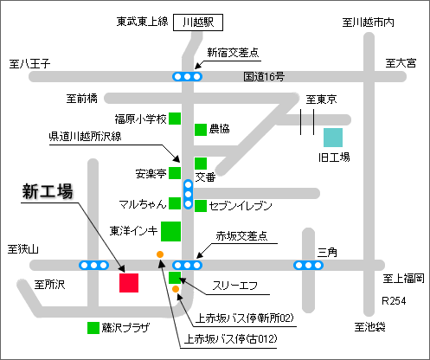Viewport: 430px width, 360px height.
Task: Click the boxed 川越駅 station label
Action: click(198, 22)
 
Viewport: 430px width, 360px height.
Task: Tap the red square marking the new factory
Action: click(129, 283)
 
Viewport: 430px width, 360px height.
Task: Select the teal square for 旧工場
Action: click(333, 138)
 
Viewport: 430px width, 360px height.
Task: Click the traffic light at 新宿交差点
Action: click(188, 77)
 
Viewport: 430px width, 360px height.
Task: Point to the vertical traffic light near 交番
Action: click(188, 194)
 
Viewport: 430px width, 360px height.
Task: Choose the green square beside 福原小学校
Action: click(175, 119)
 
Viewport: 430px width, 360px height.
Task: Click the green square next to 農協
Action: click(201, 130)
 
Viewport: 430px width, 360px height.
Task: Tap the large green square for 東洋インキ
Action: click(170, 231)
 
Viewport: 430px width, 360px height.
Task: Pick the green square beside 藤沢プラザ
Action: click(93, 328)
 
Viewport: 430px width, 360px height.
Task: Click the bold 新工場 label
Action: click(48, 191)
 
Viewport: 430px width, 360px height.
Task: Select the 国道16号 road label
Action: click(264, 76)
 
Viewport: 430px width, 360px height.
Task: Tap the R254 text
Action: click(394, 301)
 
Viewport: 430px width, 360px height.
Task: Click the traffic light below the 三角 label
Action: click(308, 265)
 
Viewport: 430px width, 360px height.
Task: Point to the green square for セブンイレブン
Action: click(201, 206)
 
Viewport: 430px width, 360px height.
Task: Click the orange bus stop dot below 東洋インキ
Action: click(160, 254)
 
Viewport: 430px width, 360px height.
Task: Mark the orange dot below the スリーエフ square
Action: click(176, 289)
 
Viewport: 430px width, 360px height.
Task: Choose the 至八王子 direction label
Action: click(29, 64)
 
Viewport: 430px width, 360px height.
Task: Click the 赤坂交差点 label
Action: click(241, 236)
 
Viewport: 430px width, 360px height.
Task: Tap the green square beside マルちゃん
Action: click(175, 203)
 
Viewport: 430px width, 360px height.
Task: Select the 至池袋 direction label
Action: click(369, 327)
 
